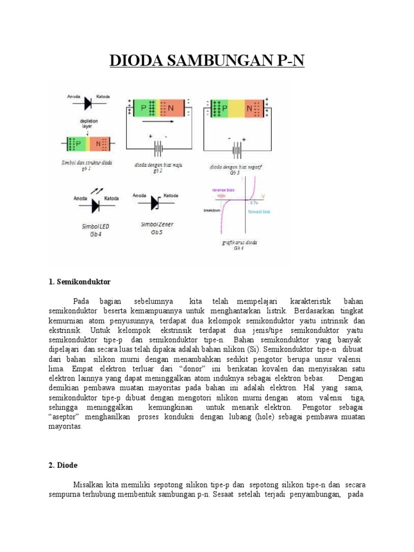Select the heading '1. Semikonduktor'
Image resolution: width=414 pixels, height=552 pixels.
(x=79, y=282)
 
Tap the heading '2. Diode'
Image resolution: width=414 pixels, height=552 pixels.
(x=64, y=464)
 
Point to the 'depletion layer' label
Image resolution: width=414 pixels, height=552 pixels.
(x=88, y=123)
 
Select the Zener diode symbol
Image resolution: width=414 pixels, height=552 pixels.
(x=156, y=203)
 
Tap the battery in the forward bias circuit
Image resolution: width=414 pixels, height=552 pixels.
(x=158, y=148)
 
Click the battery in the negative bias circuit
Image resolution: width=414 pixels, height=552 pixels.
(x=237, y=148)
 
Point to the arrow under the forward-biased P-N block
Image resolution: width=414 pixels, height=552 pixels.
(x=158, y=122)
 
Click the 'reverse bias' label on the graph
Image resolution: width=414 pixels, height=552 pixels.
(x=222, y=190)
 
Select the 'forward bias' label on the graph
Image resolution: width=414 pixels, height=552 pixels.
(x=259, y=212)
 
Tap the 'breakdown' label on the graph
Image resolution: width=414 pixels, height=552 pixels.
(x=212, y=210)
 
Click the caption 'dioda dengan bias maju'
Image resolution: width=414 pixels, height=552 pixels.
(x=158, y=164)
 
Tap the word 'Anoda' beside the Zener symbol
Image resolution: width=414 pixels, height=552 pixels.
(x=140, y=195)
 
